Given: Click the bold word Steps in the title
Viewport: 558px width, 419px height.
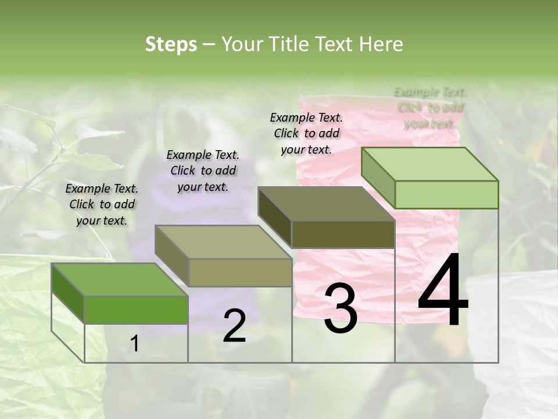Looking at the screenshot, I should click(x=171, y=44).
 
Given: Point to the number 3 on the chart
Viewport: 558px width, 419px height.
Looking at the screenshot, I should click(x=340, y=308).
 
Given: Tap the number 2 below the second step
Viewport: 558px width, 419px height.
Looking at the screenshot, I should click(x=234, y=326).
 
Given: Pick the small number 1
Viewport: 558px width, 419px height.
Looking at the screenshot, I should click(x=135, y=344).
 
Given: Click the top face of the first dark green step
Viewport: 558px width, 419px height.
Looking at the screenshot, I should click(x=120, y=279).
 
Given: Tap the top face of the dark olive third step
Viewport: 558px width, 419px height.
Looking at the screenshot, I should click(x=326, y=204).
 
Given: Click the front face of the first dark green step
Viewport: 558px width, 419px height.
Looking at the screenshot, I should click(x=136, y=310).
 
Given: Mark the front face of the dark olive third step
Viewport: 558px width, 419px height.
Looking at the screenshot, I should click(x=343, y=234).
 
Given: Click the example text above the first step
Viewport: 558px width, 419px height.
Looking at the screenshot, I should click(x=102, y=204).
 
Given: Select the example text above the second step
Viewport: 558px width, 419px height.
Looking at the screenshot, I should click(x=203, y=171).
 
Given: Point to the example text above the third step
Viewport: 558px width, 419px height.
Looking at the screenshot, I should click(x=306, y=133).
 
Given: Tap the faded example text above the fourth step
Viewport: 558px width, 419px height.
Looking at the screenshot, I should click(x=430, y=108).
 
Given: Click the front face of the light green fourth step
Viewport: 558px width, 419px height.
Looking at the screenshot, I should click(x=446, y=194).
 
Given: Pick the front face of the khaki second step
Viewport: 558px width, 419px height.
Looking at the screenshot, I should click(x=240, y=272).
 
